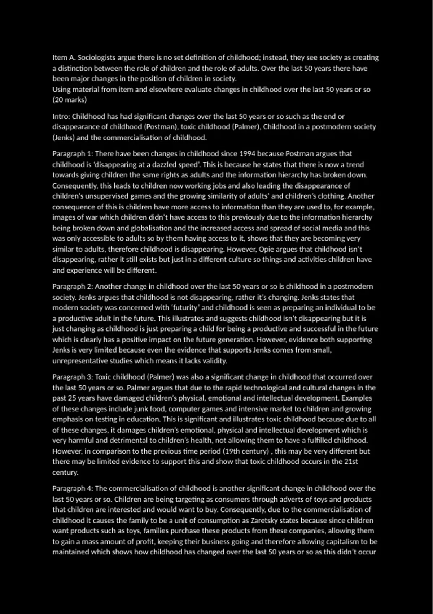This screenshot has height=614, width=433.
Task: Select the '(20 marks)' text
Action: [70, 100]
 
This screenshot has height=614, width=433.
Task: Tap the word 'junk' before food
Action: [141, 409]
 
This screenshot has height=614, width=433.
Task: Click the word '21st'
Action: [351, 462]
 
